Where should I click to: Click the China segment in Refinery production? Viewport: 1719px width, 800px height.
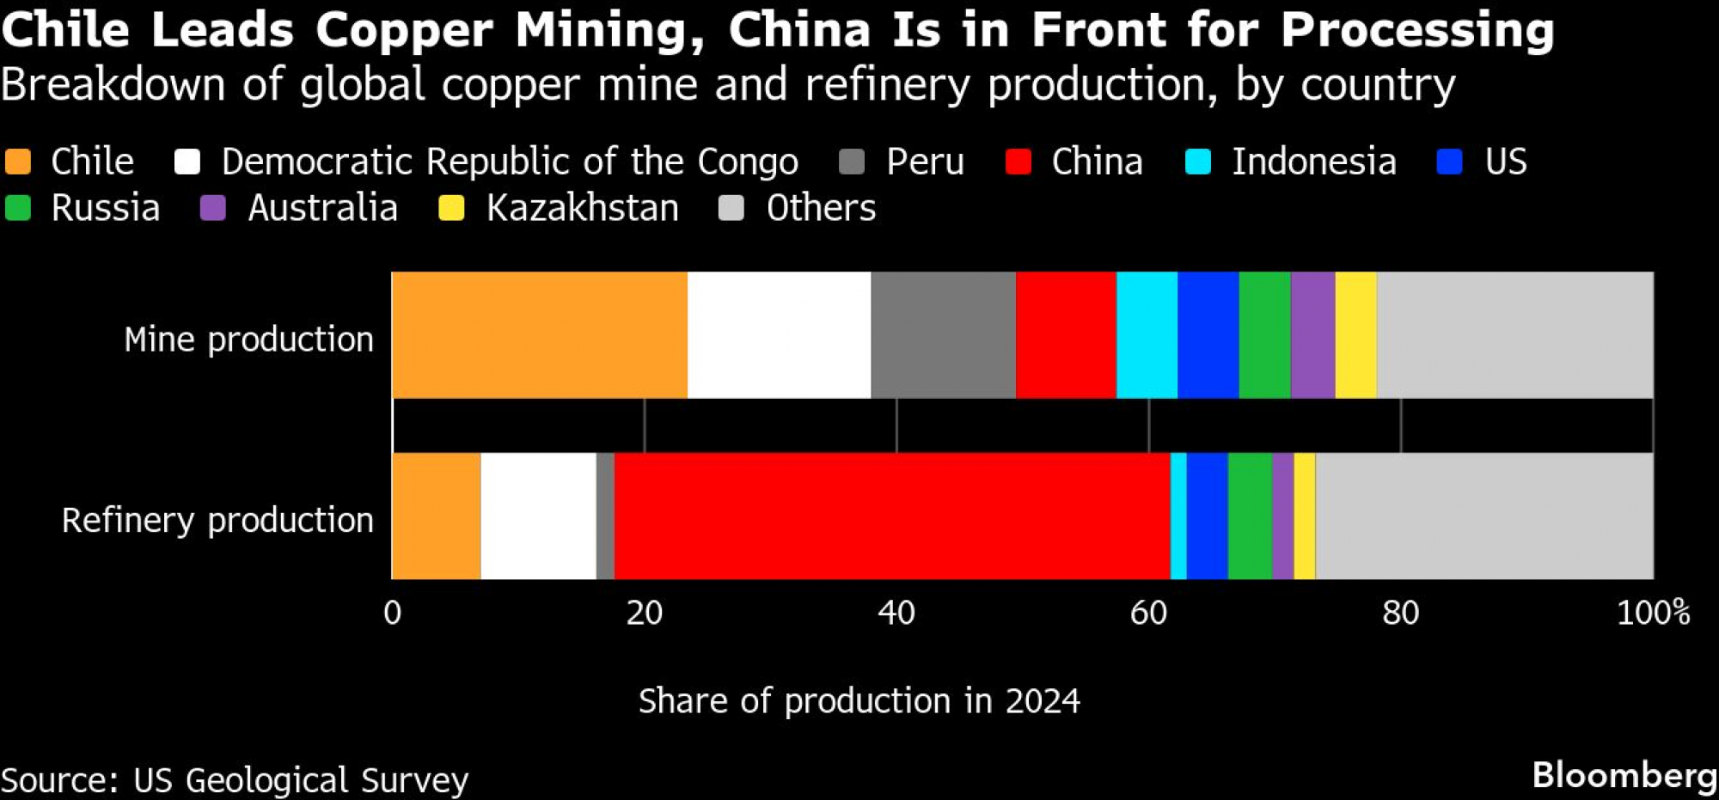[x=892, y=516]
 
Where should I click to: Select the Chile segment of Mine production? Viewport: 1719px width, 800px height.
[x=540, y=335]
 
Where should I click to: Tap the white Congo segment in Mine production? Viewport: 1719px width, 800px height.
[x=779, y=335]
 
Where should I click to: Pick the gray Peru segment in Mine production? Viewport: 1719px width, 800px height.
[x=943, y=335]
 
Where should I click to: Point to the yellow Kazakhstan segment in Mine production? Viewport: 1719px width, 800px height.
[x=1355, y=335]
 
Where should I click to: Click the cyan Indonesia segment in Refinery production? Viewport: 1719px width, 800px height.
[x=1178, y=516]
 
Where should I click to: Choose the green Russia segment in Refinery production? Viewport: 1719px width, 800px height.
[x=1250, y=516]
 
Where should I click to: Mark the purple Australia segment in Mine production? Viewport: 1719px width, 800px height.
[x=1312, y=335]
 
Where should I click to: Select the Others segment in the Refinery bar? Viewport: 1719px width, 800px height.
[x=1484, y=516]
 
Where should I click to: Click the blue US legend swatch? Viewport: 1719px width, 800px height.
[x=1450, y=162]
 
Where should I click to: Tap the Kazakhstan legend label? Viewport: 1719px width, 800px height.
[x=582, y=208]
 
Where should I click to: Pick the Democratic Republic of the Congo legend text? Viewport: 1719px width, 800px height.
[x=510, y=162]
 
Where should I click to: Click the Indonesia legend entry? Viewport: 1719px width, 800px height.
[x=1313, y=162]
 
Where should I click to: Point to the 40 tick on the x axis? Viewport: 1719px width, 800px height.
[x=896, y=613]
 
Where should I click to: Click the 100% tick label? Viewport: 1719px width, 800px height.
[x=1653, y=613]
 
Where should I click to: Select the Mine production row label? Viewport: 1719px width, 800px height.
[x=248, y=339]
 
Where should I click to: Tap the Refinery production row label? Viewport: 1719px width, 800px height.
[x=217, y=520]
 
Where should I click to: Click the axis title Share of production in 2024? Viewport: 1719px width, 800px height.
[x=859, y=701]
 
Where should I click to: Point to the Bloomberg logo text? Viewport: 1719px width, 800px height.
[x=1624, y=775]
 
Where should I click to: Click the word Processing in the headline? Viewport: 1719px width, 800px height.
[x=1417, y=30]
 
